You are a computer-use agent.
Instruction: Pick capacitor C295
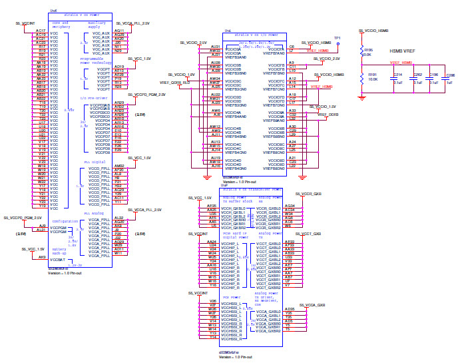tap(449, 79)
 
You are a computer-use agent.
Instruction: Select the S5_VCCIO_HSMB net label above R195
tap(373, 31)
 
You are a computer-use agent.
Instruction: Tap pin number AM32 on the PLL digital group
tap(119, 166)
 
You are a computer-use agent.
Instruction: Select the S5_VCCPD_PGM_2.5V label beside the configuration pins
tap(23, 218)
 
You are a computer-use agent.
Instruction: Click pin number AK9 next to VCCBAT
tap(41, 256)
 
